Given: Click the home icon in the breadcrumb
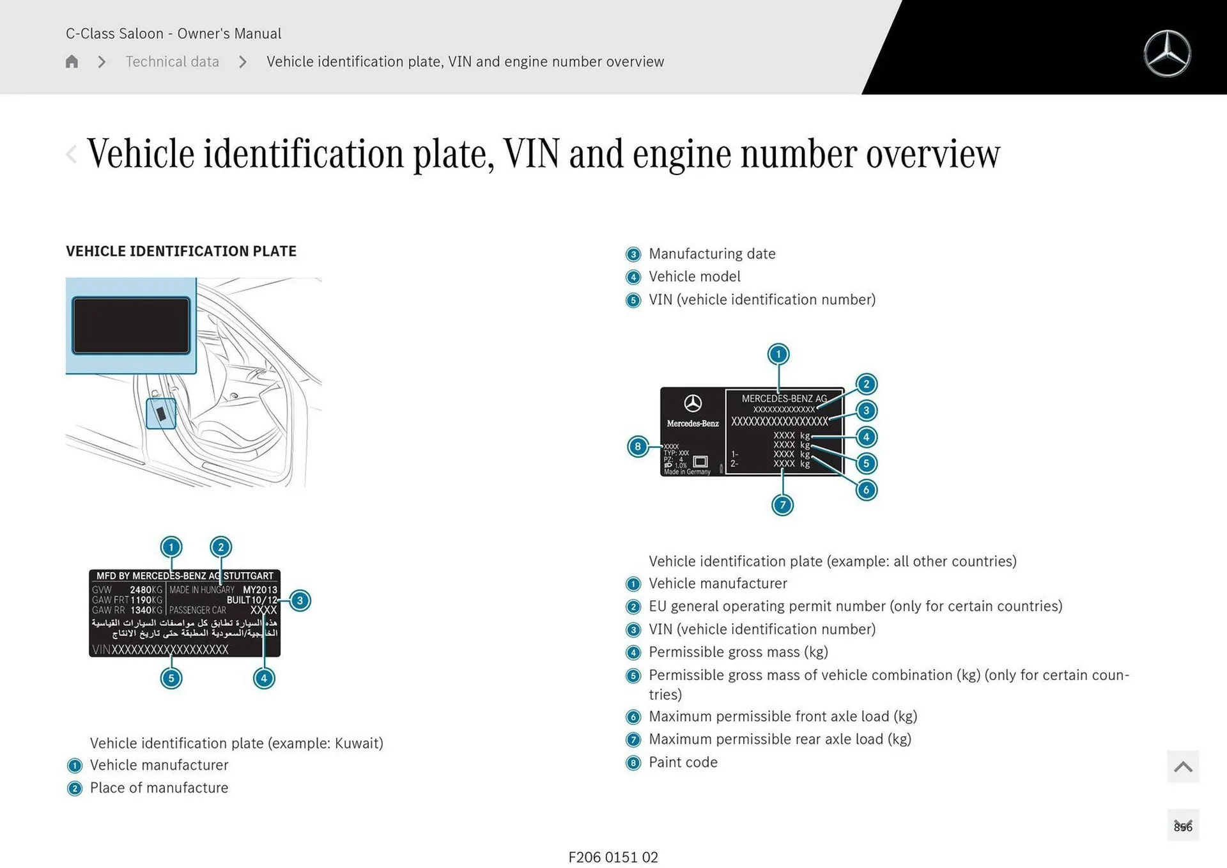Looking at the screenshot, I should tap(72, 61).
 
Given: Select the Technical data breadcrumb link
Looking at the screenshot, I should tap(172, 61).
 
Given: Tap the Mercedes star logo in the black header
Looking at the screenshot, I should tap(1167, 54).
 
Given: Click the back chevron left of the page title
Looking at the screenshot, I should tap(72, 153).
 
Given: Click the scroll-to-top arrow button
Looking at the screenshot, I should tap(1183, 766).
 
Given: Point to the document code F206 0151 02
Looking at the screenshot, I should tap(613, 857).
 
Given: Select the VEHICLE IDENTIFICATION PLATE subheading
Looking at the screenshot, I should tap(181, 251).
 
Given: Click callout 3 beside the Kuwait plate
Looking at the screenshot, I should tap(300, 600).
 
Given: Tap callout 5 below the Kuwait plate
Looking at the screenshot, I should tap(171, 678).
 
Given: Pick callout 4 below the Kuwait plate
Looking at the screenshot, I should tap(264, 678).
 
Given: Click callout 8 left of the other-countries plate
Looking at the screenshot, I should tap(638, 446).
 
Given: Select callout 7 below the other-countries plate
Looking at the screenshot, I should tap(782, 505).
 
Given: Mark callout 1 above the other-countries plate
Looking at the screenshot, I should tap(778, 354).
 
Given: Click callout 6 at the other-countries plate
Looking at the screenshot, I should tap(866, 490).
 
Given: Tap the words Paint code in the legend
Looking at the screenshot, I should tap(683, 762).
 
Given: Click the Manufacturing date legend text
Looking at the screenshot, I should tap(712, 254).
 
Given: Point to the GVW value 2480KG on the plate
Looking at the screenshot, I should tap(146, 589).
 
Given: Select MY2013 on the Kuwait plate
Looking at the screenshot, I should tap(260, 589).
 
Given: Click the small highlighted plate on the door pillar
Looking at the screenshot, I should tap(161, 414).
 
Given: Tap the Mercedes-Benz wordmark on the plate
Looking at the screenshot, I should tap(693, 423).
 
